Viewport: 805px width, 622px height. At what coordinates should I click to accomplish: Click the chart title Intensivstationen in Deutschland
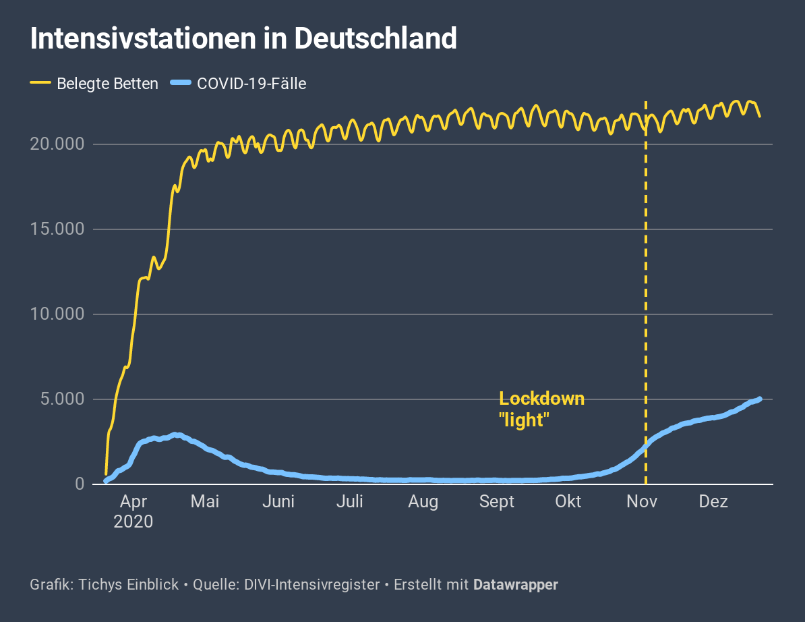coord(243,39)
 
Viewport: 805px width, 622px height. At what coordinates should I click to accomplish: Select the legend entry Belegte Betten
coord(107,84)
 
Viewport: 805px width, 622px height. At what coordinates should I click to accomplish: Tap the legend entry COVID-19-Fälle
coord(251,84)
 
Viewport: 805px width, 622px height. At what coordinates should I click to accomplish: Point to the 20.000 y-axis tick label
coord(57,144)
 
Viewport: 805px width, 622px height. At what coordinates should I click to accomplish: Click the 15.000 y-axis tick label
coord(57,229)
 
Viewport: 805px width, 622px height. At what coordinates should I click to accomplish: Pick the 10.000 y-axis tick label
coord(57,314)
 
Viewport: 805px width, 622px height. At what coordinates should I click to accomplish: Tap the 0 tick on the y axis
coord(80,484)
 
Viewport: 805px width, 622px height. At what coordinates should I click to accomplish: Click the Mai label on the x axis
coord(205,502)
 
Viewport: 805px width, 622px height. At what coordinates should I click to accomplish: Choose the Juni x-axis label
coord(278,502)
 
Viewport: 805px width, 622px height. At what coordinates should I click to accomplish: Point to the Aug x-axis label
coord(423,502)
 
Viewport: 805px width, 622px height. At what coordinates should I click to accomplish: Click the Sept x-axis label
coord(497,502)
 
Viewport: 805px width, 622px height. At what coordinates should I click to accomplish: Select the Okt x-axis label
coord(568,502)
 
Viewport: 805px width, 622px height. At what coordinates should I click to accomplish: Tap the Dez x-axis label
coord(713,502)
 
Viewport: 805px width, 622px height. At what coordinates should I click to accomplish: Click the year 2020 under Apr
coord(133,521)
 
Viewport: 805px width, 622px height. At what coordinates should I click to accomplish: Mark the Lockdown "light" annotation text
coord(541,409)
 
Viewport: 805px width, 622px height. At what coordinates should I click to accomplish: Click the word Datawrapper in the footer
coord(516,585)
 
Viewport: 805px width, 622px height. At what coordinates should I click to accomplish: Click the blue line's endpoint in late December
coord(760,399)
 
